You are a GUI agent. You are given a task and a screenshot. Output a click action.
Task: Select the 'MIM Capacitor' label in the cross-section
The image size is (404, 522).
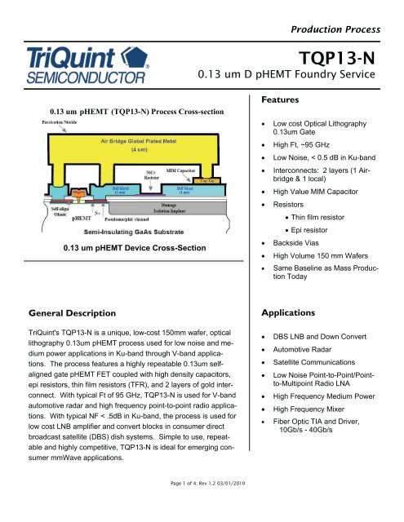pyautogui.click(x=183, y=171)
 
